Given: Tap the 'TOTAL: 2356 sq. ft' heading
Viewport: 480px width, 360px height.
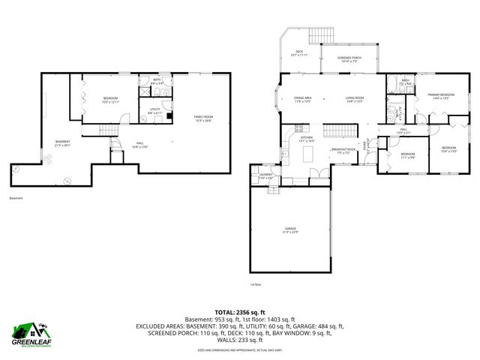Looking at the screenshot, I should point(239,312).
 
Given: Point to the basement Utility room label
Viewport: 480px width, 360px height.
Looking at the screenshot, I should point(155,111).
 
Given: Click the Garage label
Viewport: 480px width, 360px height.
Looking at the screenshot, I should point(289,229).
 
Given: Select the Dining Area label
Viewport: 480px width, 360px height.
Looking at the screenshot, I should point(303,99).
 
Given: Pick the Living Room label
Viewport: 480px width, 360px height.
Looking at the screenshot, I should point(354,99).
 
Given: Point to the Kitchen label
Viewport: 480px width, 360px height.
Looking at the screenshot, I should point(306,139).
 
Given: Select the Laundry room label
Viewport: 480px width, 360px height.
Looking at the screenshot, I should point(265,175).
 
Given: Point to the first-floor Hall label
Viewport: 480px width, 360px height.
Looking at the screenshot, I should point(403,132).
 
